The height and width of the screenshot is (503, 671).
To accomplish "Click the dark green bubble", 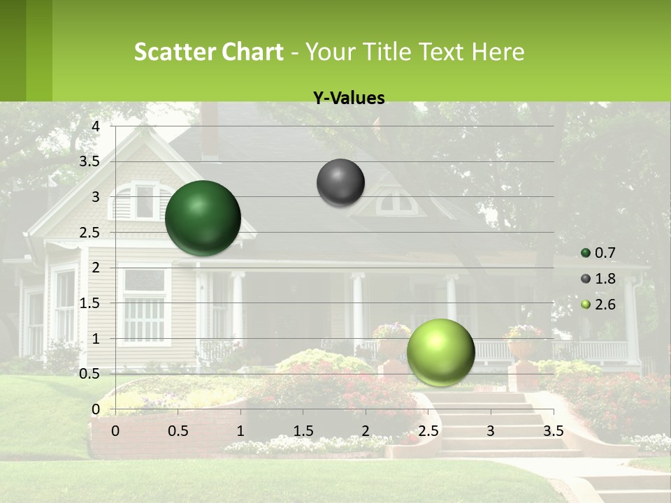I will [x=203, y=218].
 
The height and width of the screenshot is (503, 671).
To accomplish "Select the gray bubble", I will [x=340, y=182].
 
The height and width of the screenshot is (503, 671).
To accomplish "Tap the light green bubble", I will [x=440, y=352].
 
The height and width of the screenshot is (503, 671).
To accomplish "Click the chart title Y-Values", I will [x=348, y=99].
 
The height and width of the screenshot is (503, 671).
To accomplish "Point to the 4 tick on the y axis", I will [x=96, y=126].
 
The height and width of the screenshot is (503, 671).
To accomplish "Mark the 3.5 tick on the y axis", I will [x=90, y=161].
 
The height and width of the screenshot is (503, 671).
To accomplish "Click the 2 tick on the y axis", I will [x=96, y=268].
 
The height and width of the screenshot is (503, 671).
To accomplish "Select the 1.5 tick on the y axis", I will [x=90, y=303].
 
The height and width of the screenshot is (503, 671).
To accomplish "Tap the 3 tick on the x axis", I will [x=490, y=431].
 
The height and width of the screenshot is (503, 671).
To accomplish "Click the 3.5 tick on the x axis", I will [x=553, y=431].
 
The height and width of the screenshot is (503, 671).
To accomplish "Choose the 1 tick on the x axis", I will [x=240, y=431].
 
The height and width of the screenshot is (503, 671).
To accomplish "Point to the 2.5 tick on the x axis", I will [x=428, y=431].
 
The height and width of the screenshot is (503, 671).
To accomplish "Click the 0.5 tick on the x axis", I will [x=178, y=431].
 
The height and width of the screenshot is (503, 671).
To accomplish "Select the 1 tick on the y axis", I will [x=96, y=339].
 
